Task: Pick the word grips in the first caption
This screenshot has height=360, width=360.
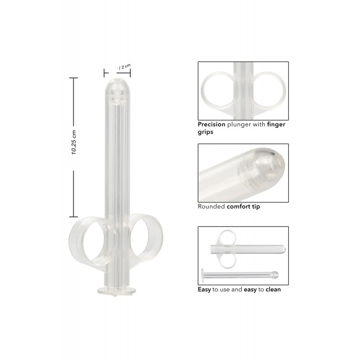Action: (206, 132)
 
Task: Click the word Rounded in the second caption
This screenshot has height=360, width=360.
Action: (211, 207)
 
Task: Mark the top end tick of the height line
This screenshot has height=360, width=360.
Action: (73, 78)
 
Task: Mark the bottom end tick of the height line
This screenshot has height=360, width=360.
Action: (73, 216)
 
